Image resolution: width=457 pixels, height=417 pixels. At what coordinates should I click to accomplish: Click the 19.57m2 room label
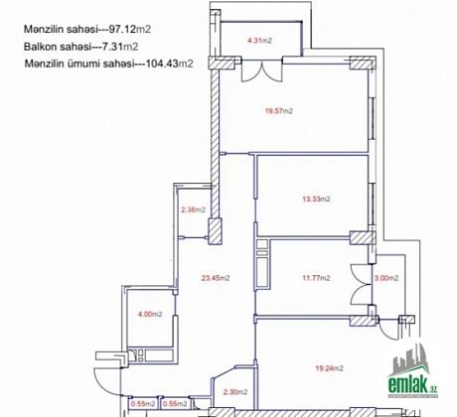pyautogui.click(x=279, y=111)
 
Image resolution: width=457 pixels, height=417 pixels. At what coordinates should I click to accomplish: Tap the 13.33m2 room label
pyautogui.click(x=316, y=199)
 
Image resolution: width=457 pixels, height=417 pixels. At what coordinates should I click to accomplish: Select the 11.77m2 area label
pyautogui.click(x=316, y=278)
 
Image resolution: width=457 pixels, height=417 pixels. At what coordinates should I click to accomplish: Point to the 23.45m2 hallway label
pyautogui.click(x=216, y=278)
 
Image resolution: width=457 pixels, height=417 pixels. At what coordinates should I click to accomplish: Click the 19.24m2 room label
pyautogui.click(x=329, y=368)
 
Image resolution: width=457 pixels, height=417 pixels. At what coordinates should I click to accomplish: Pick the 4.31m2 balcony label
pyautogui.click(x=260, y=41)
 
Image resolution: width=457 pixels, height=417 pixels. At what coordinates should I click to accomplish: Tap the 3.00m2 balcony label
pyautogui.click(x=386, y=278)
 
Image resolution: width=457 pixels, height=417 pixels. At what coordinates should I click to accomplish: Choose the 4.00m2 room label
pyautogui.click(x=150, y=314)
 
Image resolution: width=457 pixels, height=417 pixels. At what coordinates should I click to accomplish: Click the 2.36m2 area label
pyautogui.click(x=193, y=209)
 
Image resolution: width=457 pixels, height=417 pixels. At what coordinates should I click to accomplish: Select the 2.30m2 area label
pyautogui.click(x=235, y=392)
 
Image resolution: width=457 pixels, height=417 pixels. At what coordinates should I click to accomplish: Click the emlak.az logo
pyautogui.click(x=413, y=372)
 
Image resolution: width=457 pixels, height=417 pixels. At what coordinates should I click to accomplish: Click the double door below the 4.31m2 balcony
pyautogui.click(x=261, y=70)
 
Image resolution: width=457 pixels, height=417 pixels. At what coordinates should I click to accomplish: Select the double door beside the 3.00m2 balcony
pyautogui.click(x=361, y=285)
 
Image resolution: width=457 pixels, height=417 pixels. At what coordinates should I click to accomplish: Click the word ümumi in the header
pyautogui.click(x=87, y=63)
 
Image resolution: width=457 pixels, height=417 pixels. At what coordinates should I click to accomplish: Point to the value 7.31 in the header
pyautogui.click(x=112, y=47)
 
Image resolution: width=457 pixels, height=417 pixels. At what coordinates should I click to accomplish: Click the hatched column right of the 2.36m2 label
pyautogui.click(x=215, y=231)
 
